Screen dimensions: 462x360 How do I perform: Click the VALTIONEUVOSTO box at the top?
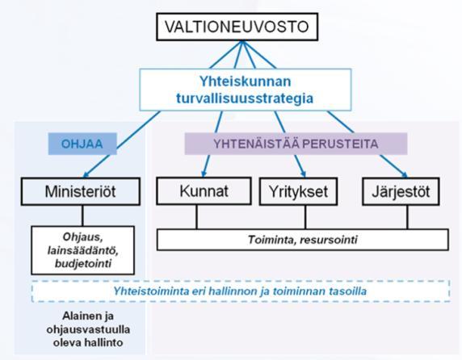click(237, 27)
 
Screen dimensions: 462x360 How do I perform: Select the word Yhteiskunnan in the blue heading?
click(246, 82)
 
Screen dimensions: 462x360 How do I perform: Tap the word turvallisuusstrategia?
click(245, 98)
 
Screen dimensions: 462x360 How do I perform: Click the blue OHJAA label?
click(82, 144)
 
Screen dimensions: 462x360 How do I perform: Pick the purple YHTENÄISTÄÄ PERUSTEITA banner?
click(296, 144)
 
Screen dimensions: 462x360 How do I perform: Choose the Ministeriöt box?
click(81, 191)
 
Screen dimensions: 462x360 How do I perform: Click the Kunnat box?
click(204, 191)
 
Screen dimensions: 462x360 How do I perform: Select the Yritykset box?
click(298, 191)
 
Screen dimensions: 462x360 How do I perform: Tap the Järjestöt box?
click(401, 191)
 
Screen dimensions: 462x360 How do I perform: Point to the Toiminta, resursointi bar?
click(303, 240)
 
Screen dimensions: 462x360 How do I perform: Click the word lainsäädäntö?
click(83, 250)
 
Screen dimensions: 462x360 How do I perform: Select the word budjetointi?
click(83, 263)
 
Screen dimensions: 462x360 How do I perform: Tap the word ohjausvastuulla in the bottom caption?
click(88, 329)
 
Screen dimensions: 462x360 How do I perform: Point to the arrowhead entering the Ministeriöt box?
click(86, 175)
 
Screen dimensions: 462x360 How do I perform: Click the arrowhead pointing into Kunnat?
click(204, 174)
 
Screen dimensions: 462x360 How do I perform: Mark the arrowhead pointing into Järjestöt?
click(405, 175)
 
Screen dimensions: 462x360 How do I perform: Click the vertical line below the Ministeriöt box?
click(83, 216)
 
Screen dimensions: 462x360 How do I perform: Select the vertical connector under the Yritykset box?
click(305, 217)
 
